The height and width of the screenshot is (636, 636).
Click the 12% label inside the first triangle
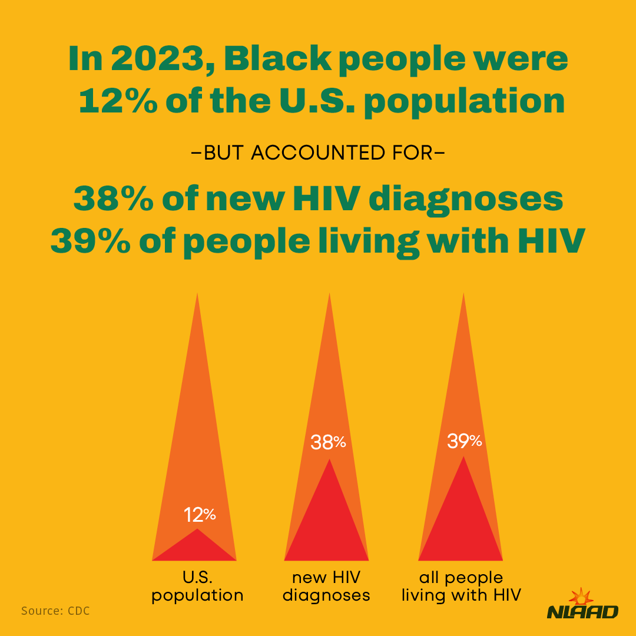(200, 515)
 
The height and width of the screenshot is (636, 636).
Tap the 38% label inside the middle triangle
(328, 442)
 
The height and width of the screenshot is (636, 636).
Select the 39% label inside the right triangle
(464, 441)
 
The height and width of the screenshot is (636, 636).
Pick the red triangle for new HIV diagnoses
(327, 524)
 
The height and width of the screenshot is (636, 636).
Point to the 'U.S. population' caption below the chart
(197, 586)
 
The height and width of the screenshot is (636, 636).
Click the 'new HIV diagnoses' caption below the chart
(326, 586)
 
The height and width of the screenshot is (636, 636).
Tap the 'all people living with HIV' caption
(461, 586)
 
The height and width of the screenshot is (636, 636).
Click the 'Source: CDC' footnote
(55, 611)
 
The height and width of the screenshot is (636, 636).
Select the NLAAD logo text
(582, 612)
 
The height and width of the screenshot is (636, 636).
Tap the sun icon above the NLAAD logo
(581, 596)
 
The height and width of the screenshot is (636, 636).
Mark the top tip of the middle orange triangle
(329, 294)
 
